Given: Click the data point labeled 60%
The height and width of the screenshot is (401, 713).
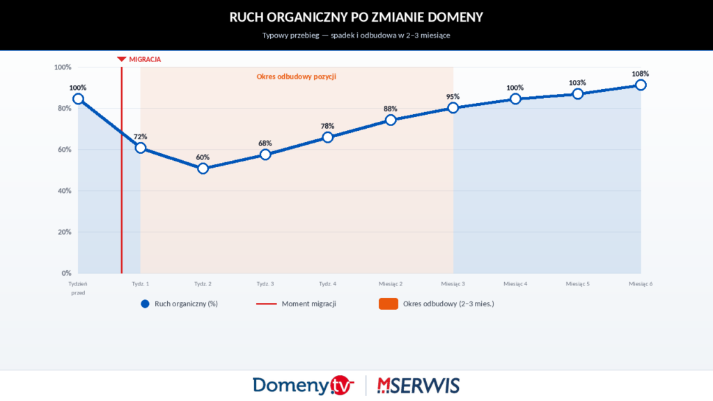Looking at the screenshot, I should (203, 168).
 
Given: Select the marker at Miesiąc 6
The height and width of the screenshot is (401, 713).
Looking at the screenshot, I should (641, 85).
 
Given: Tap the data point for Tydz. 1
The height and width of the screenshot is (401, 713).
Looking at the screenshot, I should (141, 148).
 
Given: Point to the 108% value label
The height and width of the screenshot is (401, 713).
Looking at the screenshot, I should (641, 73).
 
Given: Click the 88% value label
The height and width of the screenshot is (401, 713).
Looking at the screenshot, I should (391, 109).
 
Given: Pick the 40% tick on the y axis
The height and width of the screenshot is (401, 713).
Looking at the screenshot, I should (63, 191).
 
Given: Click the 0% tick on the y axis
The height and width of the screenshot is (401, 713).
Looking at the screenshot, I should (66, 273).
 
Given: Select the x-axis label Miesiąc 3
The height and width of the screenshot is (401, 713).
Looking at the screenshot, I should (453, 284).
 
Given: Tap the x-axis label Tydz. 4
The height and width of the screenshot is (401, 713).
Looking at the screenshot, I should (328, 284).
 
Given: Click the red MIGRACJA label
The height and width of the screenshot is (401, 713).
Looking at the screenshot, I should (145, 60).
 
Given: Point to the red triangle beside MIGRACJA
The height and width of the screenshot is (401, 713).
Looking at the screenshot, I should (122, 60).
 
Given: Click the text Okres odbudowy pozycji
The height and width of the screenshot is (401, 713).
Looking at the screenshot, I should (297, 77).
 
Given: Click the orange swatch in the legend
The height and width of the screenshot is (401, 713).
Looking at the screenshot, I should (388, 304).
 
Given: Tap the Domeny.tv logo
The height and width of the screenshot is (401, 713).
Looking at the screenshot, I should (304, 385).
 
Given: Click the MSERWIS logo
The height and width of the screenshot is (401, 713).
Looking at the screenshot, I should (418, 385).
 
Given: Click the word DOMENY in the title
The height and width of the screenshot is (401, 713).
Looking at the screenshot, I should (448, 16).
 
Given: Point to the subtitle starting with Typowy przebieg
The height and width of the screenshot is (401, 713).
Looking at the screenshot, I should (356, 35).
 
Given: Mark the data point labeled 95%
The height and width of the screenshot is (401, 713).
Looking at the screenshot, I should (453, 107).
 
